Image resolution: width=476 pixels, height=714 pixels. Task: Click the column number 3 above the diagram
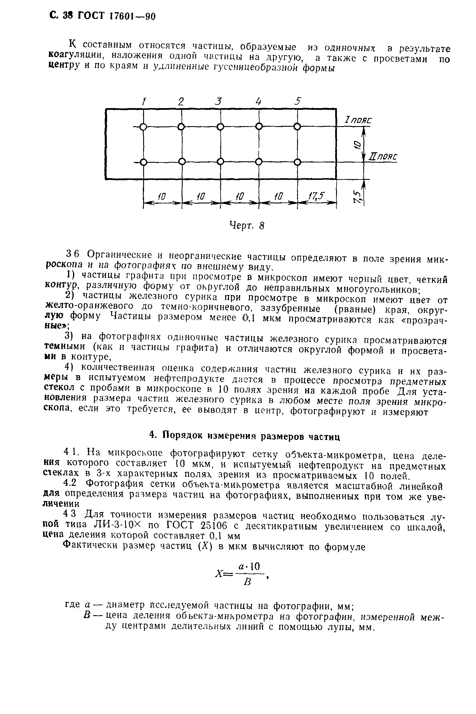218,101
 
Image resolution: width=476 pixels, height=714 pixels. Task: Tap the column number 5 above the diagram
298,101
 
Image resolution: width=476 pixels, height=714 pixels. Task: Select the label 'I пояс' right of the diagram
358,120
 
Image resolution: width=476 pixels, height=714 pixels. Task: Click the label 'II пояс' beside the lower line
383,157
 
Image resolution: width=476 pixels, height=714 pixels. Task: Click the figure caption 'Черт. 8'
246,226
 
